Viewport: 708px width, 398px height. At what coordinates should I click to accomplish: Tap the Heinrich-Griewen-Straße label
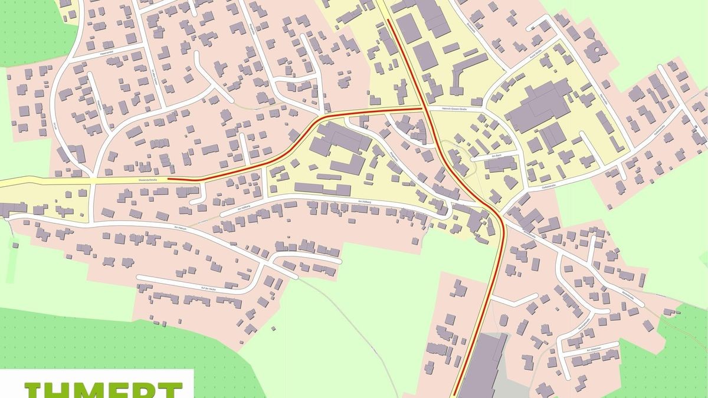[451, 109]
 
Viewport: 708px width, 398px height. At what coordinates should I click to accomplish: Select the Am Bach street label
[494, 157]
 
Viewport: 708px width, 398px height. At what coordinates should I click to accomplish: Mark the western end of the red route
[169, 177]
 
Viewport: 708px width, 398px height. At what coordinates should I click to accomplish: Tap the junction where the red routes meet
[422, 108]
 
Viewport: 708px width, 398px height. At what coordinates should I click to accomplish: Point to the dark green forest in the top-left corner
[29, 29]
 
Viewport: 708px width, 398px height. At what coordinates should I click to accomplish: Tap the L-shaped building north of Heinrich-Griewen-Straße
[463, 74]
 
